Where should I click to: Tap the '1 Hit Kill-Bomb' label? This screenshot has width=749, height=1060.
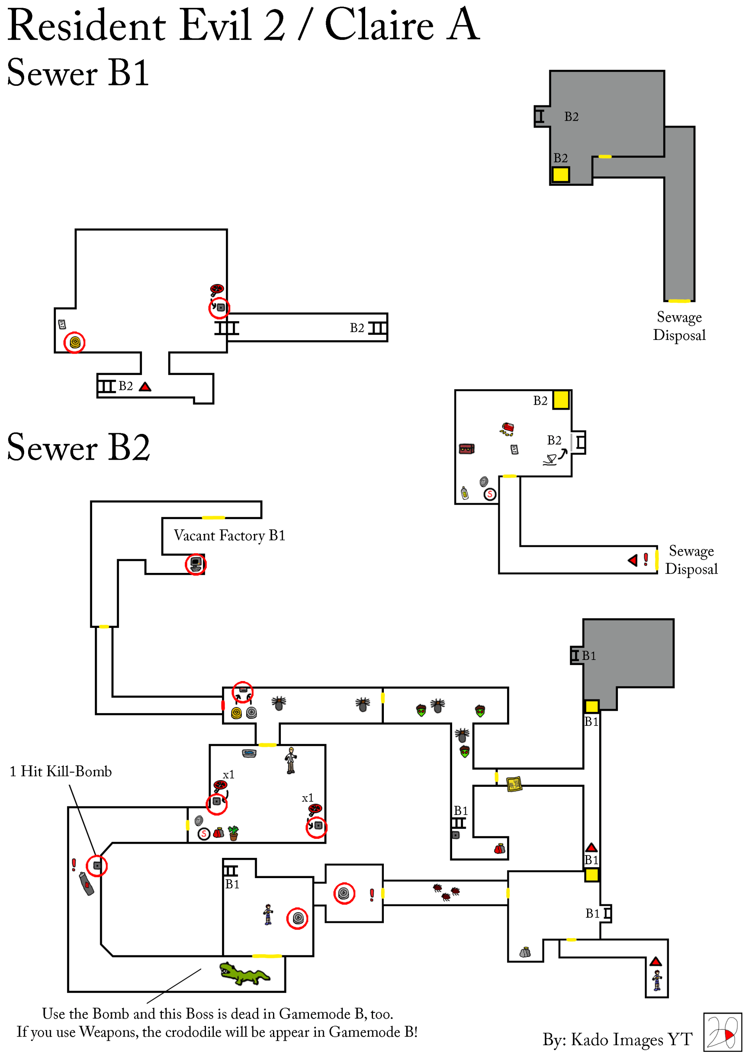click(60, 772)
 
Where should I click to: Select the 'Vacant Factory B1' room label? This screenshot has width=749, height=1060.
click(229, 535)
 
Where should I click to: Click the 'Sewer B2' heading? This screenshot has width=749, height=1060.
click(78, 447)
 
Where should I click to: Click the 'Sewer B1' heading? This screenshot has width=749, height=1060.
click(78, 73)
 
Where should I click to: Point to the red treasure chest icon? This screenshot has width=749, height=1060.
click(467, 449)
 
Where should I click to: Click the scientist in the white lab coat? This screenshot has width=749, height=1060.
click(291, 760)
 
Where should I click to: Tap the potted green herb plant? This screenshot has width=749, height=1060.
click(234, 833)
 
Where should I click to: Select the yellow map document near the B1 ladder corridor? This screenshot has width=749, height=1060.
click(514, 784)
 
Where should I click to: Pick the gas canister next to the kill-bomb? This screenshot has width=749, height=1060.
click(86, 884)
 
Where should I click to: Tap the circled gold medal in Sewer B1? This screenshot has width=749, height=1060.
click(74, 343)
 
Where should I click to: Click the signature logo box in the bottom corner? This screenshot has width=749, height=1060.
click(722, 1032)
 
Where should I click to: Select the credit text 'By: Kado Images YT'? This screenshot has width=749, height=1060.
click(617, 1039)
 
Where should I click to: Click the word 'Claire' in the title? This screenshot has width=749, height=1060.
click(379, 25)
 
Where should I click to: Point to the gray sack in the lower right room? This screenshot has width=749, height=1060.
click(525, 952)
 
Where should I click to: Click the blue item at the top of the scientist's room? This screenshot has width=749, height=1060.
click(249, 753)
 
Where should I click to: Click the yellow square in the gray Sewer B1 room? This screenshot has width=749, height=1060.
click(561, 174)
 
